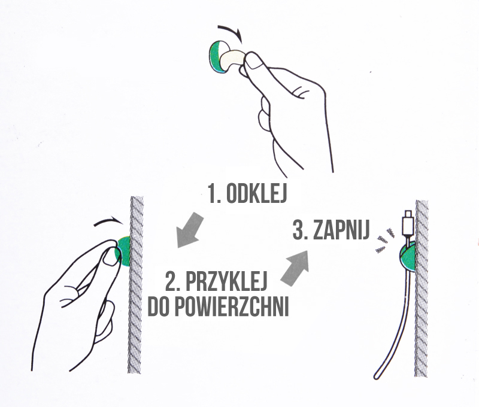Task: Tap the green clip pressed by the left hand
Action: [125, 250]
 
